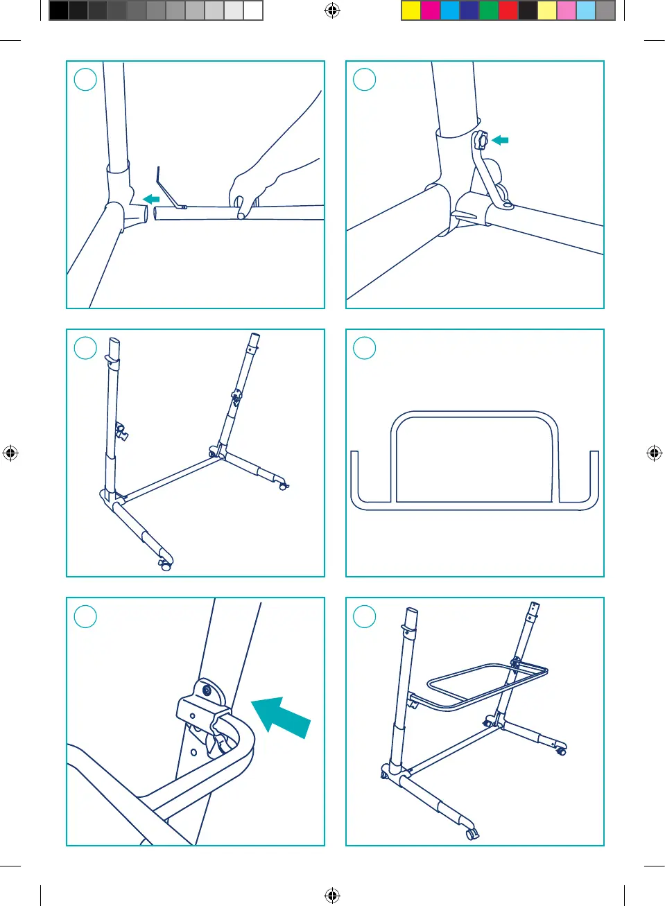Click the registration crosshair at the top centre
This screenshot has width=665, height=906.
(332, 10)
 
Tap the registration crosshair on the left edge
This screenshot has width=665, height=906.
(10, 453)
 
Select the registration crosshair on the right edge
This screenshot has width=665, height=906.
(654, 453)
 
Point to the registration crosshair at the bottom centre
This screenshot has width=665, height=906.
(332, 896)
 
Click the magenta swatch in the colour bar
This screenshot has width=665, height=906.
(431, 10)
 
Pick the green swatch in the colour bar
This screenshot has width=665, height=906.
(489, 10)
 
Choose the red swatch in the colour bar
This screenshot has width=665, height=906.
(508, 10)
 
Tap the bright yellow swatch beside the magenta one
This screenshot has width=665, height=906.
(411, 10)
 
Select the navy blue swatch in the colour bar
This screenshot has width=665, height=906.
(469, 10)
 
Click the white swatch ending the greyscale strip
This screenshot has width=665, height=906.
(253, 10)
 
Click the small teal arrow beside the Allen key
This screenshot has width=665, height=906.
(151, 200)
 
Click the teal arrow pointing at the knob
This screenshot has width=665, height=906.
(500, 140)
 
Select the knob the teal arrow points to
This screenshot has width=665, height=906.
(481, 141)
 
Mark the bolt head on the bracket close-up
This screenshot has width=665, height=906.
(206, 691)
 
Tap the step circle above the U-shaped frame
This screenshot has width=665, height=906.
(365, 348)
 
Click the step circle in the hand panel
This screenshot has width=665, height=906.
(85, 80)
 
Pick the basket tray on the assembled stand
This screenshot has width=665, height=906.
(485, 683)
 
